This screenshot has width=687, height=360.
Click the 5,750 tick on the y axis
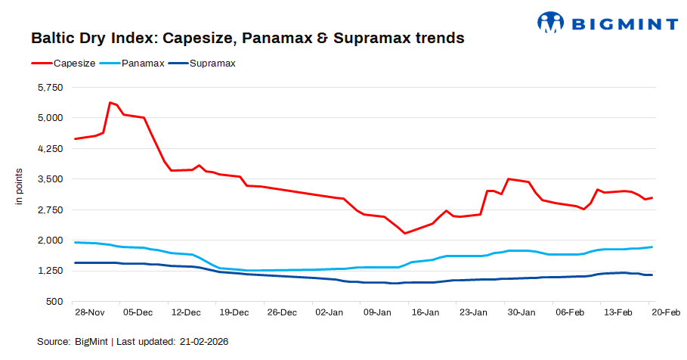(51, 88)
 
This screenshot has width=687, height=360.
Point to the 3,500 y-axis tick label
(51, 179)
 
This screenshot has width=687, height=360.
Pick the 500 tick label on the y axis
(57, 302)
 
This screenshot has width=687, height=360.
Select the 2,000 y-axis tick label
(51, 241)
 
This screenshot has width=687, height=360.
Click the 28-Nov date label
(89, 312)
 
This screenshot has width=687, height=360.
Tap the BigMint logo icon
(549, 22)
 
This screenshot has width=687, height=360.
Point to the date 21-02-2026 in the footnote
(203, 342)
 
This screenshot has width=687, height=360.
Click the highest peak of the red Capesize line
(110, 102)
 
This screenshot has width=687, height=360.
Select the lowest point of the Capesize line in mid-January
(405, 233)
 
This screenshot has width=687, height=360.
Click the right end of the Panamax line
(652, 247)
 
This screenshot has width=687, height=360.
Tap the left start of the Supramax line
(75, 262)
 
